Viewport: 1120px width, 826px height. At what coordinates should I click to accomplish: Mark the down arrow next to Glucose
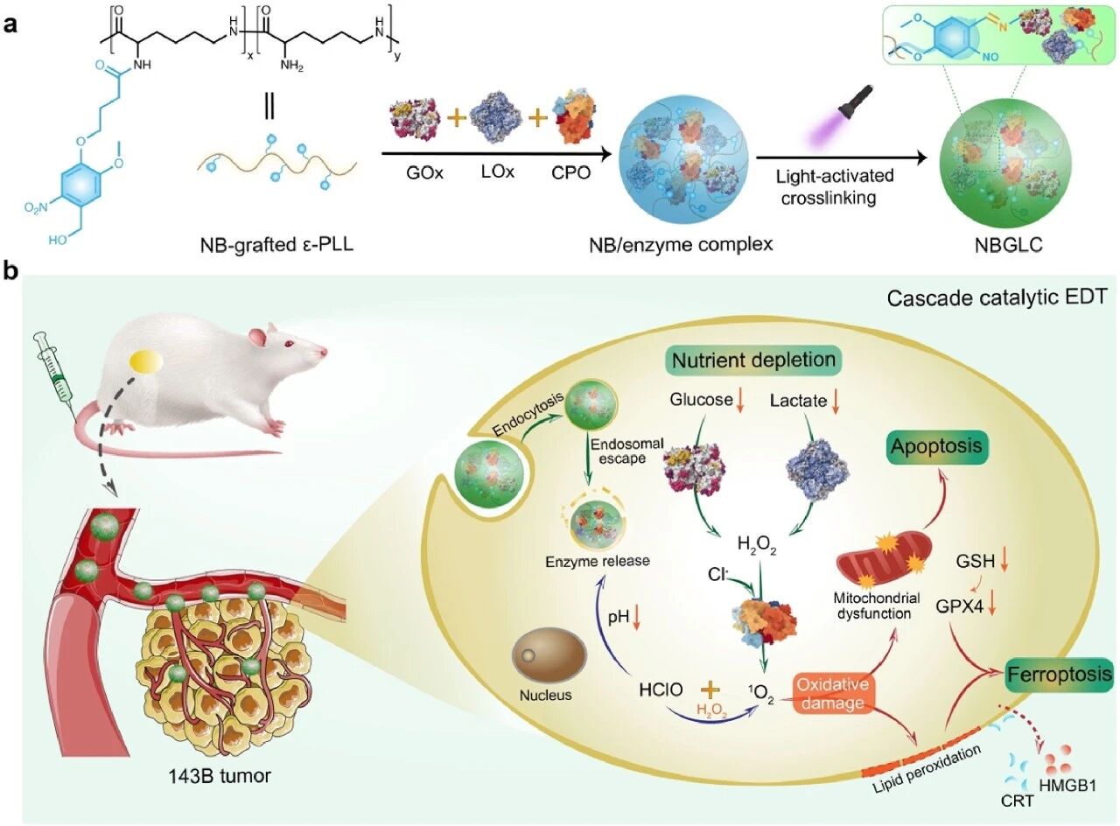[x=738, y=402]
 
